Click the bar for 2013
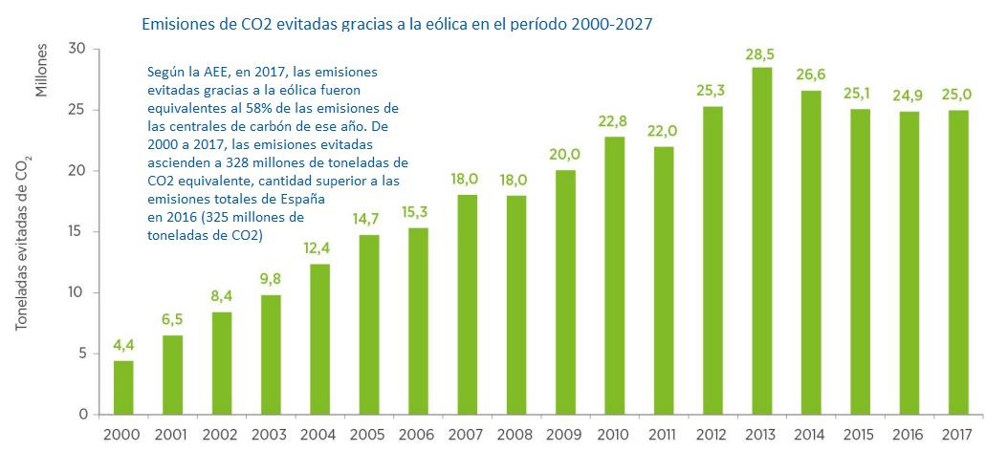pyautogui.click(x=762, y=241)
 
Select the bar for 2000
pyautogui.click(x=123, y=387)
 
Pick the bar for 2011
pyautogui.click(x=664, y=280)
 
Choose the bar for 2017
pyautogui.click(x=957, y=262)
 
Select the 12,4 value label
pyautogui.click(x=320, y=250)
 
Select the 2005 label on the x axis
pyautogui.click(x=369, y=435)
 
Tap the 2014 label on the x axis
pyautogui.click(x=811, y=435)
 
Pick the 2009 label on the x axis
pyautogui.click(x=566, y=435)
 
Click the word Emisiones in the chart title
pyautogui.click(x=179, y=24)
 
